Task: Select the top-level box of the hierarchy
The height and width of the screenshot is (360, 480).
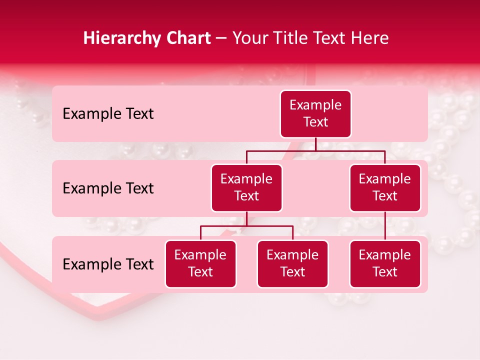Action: pos(315,113)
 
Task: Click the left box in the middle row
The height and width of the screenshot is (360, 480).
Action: pos(246,187)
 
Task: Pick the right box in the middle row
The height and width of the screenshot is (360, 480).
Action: pos(385,187)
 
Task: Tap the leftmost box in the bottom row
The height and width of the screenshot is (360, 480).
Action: pos(200,263)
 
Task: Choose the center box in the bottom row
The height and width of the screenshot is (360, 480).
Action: pos(292,263)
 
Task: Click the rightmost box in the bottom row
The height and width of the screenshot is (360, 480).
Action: pos(385,263)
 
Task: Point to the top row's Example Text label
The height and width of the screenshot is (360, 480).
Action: pos(108,114)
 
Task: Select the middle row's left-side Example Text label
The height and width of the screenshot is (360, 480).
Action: pos(108,188)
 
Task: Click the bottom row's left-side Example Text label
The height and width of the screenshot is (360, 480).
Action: pos(108,264)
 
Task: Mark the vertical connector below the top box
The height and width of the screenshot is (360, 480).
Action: pos(315,144)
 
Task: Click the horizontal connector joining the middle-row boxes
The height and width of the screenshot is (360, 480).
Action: pos(315,150)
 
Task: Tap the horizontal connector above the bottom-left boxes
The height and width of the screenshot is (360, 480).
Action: pos(246,226)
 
